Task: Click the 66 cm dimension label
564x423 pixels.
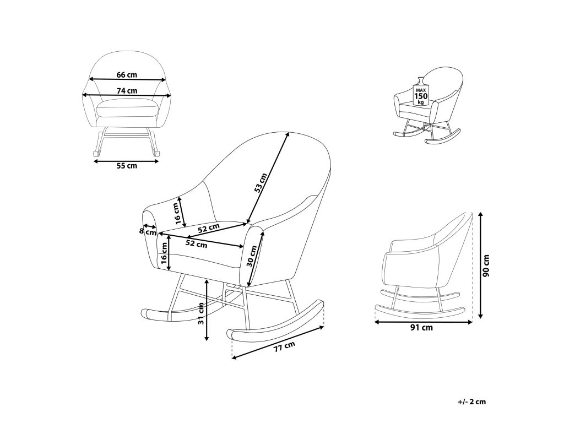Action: coord(127,75)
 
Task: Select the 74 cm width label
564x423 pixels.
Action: coord(127,91)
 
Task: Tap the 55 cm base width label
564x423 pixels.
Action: coord(127,166)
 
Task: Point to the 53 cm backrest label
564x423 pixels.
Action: coord(261,183)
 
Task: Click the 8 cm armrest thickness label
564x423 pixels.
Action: coord(148,231)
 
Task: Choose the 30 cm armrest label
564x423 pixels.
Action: coord(252,256)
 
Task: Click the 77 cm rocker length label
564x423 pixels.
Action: coord(284,347)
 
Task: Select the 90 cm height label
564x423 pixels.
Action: coord(486,266)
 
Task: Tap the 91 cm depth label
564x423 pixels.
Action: coord(421,328)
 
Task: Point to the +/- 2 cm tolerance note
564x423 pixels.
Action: coord(472,402)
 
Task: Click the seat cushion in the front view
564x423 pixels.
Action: coord(127,107)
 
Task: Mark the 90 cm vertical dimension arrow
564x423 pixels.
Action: coord(480,265)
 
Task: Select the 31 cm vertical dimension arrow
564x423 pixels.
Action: coord(207,310)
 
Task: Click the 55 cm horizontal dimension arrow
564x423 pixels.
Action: coord(126,161)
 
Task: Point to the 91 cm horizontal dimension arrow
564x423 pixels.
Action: coord(424,322)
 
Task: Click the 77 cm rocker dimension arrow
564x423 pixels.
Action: coord(278,342)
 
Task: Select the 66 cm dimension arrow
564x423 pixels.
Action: coord(128,79)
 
